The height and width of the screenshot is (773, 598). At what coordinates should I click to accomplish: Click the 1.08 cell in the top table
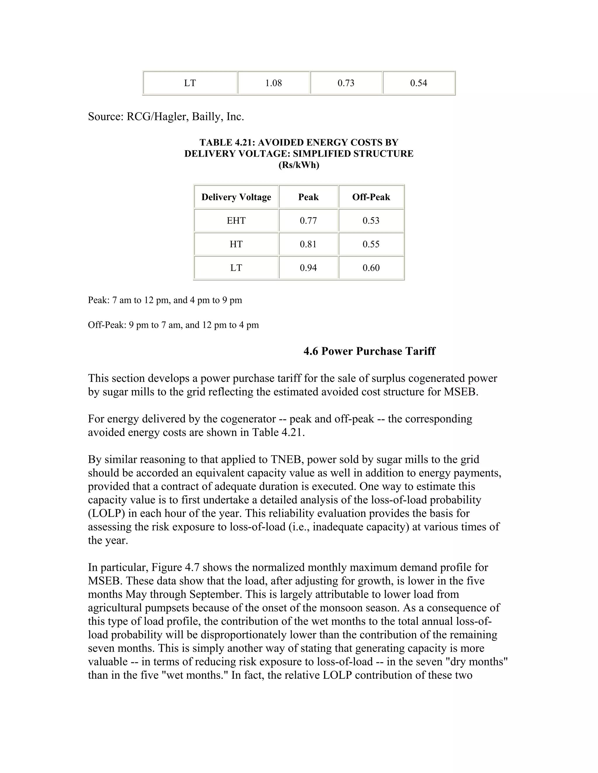coord(274,83)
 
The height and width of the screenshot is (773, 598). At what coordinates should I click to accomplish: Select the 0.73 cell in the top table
coord(346,83)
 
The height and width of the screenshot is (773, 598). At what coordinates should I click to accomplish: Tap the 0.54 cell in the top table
coord(418,83)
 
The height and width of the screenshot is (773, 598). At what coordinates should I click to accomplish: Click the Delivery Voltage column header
coord(236,197)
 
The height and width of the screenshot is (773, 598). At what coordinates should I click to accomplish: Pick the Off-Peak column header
coord(371,197)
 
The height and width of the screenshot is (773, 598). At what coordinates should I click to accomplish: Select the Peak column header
coord(308,197)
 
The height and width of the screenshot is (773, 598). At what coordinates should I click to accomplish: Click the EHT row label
coord(236,221)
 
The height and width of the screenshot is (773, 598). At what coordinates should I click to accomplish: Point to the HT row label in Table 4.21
coord(236,244)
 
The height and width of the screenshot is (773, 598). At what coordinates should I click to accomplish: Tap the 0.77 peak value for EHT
coord(308,221)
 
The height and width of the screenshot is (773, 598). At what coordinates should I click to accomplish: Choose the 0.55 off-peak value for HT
coord(371,244)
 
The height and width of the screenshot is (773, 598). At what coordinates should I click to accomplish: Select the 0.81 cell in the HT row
coord(308,244)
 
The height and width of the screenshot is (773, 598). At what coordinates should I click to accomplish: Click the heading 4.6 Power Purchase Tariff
coord(369,351)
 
